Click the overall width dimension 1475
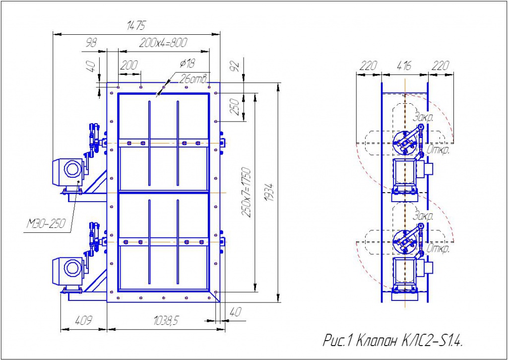(x=136, y=25)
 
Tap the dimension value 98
(x=91, y=43)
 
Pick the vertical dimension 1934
(x=271, y=192)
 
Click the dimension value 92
(x=236, y=66)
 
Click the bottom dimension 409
(x=83, y=321)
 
